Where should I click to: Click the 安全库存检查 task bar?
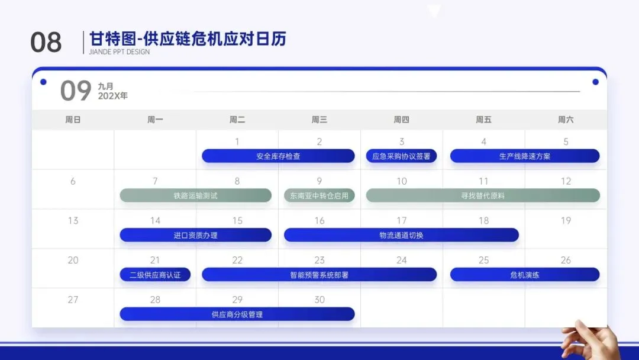point(278,156)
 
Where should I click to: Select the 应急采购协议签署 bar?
point(401,156)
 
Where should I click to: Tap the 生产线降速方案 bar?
point(524,156)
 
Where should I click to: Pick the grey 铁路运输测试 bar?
point(196,196)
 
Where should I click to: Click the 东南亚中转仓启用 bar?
point(319,196)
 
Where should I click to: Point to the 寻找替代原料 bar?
point(483,196)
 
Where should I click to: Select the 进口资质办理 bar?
point(196,235)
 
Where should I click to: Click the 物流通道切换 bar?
point(401,235)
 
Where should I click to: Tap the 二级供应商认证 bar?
point(155,275)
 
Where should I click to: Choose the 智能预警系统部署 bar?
point(319,275)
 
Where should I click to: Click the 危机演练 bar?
point(524,275)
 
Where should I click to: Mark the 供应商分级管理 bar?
point(237,314)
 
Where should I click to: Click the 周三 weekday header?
point(319,120)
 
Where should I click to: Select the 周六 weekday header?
point(566,120)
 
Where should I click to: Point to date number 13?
point(73,221)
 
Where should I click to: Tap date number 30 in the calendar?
point(319,300)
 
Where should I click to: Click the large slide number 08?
point(46,43)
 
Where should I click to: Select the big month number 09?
point(76,91)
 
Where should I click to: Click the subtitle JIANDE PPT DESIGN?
point(120,52)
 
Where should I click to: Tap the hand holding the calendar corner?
point(591,340)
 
